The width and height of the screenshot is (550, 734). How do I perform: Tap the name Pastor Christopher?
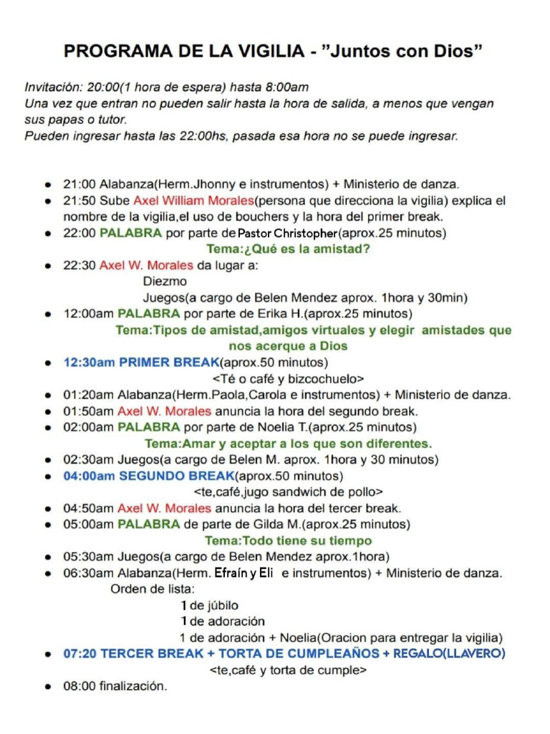(286, 234)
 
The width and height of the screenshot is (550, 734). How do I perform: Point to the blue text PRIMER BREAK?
(169, 363)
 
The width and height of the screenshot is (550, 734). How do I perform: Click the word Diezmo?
(165, 282)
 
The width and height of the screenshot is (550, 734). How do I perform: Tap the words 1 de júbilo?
(210, 606)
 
